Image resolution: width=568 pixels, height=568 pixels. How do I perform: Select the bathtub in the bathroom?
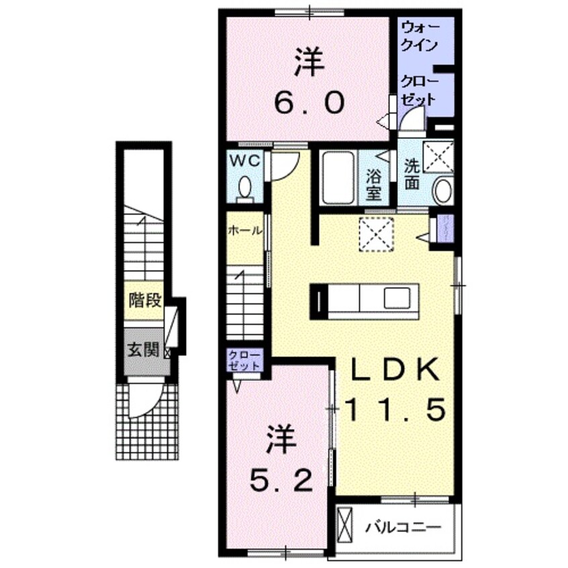(x=338, y=178)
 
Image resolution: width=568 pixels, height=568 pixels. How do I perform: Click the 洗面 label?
(x=412, y=174)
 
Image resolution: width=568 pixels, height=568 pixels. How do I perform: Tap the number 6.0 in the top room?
(x=309, y=103)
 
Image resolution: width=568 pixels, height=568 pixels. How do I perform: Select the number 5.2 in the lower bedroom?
(x=281, y=478)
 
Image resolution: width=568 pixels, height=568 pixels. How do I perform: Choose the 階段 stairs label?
(x=144, y=299)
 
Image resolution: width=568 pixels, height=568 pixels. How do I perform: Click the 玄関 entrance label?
(x=143, y=350)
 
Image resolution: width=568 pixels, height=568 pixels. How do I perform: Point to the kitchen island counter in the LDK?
(x=364, y=299)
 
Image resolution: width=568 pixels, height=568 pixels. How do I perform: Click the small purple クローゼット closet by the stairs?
(x=242, y=361)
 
